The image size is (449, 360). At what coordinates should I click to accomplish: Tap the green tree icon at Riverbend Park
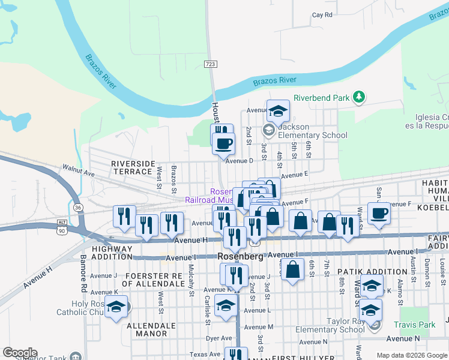[x=358, y=97]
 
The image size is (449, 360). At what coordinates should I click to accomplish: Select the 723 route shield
[x=209, y=64]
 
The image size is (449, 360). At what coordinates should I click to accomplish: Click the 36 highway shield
[x=78, y=207]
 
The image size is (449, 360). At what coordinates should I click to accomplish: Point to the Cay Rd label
[x=322, y=15]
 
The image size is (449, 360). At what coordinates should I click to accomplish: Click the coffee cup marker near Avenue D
[x=224, y=143]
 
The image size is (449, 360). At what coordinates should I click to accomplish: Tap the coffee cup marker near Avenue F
[x=379, y=213]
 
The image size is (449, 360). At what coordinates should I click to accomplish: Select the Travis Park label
[x=414, y=325]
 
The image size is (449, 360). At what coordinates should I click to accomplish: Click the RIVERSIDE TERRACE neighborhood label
[x=133, y=167]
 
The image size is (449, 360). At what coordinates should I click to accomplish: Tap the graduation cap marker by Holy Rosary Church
[x=116, y=307]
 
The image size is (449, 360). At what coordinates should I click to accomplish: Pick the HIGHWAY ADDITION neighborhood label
[x=112, y=252]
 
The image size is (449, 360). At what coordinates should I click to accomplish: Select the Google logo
[x=20, y=353]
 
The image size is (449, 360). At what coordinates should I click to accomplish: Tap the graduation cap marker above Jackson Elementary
[x=278, y=110]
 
